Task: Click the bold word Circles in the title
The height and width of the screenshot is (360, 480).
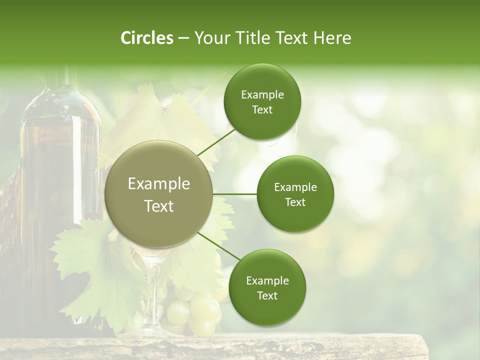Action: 146,38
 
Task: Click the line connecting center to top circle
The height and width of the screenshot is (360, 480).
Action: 216,142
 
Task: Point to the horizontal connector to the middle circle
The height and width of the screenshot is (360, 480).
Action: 235,194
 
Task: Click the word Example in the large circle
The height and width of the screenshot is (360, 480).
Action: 159,184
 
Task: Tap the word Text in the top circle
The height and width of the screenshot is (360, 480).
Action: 262,110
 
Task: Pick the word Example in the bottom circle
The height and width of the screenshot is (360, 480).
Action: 267,280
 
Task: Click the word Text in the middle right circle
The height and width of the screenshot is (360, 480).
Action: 295,202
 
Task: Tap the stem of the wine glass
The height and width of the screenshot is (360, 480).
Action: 152,295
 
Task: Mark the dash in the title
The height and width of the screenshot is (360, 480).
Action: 183,38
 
